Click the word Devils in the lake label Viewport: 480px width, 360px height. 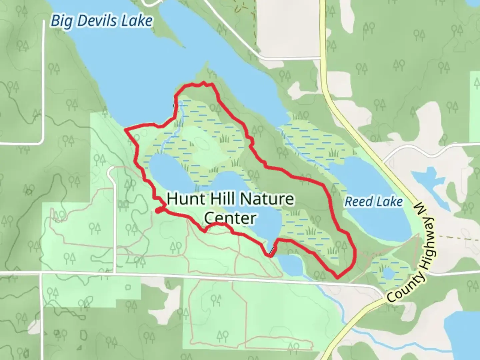[97, 21]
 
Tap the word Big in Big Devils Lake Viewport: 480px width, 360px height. [61, 21]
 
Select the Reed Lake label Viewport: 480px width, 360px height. [373, 202]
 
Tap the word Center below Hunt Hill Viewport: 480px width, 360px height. [230, 218]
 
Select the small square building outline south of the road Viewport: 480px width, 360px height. [128, 287]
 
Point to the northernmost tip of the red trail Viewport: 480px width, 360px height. [203, 82]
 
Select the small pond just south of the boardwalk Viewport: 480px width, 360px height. [291, 265]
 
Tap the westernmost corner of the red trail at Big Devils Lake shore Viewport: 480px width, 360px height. [126, 129]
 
